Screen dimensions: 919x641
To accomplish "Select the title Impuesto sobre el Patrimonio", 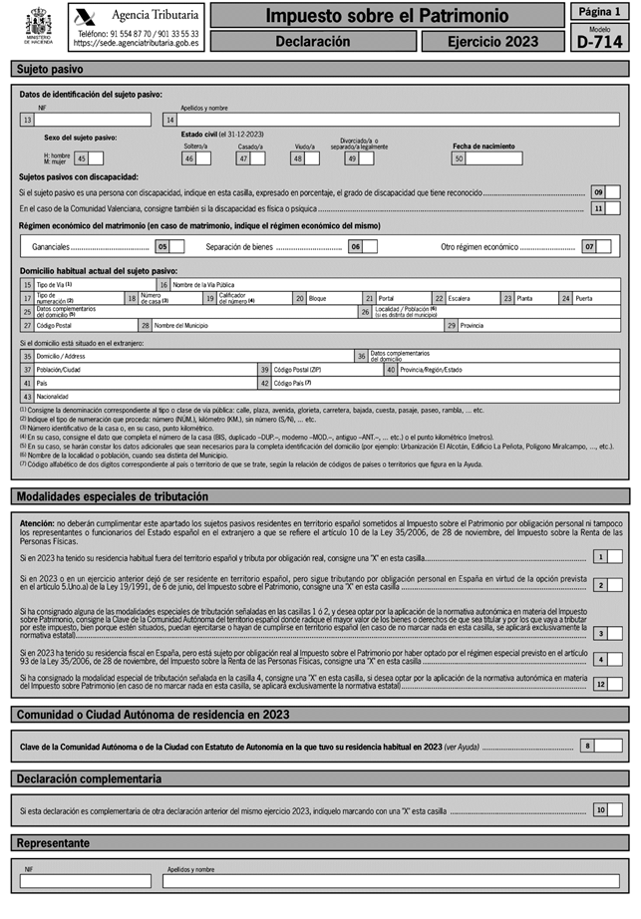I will pos(386,16).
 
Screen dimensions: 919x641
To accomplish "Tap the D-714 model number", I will pos(598,40).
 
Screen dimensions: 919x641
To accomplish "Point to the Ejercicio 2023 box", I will pos(492,42).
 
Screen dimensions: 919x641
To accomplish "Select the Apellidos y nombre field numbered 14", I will pos(394,120).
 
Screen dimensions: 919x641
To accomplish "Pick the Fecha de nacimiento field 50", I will pos(494,158).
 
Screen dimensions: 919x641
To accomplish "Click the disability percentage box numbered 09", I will pos(614,191).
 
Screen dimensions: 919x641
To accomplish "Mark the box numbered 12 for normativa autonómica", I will pos(615,684).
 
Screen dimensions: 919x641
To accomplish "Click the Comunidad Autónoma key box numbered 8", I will pos(608,746).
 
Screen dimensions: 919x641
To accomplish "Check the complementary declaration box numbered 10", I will pos(615,810).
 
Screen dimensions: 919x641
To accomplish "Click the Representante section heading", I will pos(54,843).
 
